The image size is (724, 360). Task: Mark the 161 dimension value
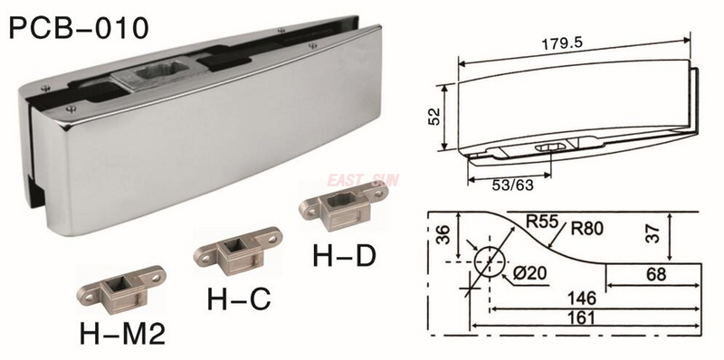pos(580,318)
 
